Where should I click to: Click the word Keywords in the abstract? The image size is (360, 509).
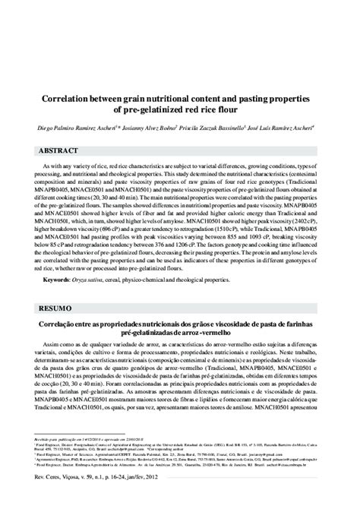coord(58,280)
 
